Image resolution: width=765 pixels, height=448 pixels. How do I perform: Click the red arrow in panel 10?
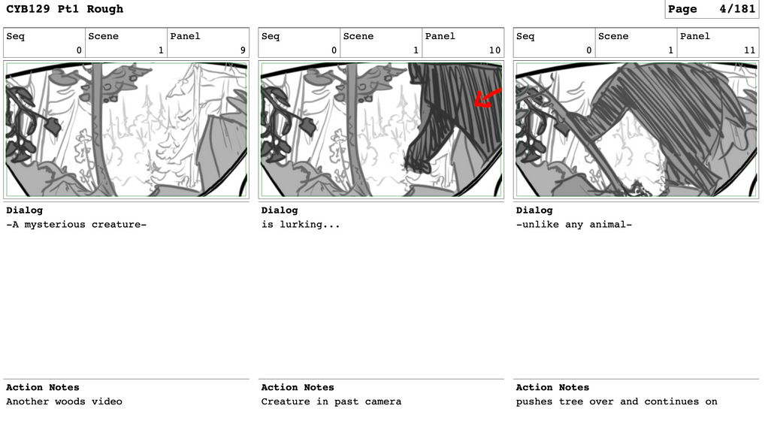coord(487,98)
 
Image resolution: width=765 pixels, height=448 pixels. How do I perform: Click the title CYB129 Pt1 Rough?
coord(65,9)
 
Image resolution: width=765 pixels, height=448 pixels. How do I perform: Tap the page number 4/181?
coord(737,9)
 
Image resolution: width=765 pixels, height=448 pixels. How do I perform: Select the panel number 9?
coord(243,50)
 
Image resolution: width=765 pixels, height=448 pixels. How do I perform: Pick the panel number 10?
coord(494,50)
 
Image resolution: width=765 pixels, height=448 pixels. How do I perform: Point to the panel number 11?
coord(750,50)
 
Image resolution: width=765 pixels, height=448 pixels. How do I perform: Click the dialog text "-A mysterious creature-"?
coord(76,225)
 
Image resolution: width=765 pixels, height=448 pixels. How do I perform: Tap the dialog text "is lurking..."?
coord(301,225)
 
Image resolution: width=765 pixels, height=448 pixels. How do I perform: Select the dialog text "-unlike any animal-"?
coord(574,225)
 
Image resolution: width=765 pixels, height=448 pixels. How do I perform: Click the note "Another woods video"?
coord(65,401)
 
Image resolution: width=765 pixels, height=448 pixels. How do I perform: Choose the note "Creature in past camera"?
coord(331,401)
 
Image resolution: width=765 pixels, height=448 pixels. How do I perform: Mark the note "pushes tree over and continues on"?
coord(617,401)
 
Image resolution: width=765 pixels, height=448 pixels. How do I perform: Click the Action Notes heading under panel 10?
coord(298,387)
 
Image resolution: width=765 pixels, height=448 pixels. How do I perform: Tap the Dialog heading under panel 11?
coord(534,210)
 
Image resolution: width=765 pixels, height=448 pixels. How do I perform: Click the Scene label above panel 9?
coord(104,36)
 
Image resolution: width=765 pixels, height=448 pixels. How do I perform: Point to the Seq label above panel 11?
coord(525,37)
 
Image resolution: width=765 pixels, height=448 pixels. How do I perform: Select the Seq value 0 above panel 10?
coord(334,50)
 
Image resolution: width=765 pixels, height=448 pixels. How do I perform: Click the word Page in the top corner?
coord(683,9)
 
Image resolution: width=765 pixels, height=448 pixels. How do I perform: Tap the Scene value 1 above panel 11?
coord(671,50)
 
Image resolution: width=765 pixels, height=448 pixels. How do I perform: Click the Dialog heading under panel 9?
coord(24,210)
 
